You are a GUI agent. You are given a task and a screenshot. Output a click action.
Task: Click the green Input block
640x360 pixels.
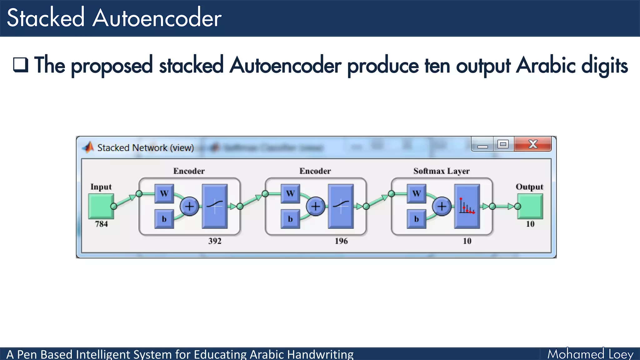coord(101,206)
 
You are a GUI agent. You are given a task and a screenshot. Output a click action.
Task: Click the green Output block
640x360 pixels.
coord(530,206)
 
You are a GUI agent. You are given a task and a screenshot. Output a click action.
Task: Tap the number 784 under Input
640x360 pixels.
coord(101,224)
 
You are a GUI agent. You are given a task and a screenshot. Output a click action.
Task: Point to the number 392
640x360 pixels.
coord(215,241)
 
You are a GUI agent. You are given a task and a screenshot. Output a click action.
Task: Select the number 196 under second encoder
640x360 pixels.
coord(341,241)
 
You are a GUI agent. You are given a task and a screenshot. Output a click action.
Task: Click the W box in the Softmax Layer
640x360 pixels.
coord(416,193)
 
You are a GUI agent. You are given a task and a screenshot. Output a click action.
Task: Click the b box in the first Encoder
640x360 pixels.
coord(164,219)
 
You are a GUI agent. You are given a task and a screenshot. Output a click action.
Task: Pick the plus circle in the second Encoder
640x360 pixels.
coord(315,206)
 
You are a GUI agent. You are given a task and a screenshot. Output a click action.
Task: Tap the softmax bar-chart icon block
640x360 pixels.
coord(467,206)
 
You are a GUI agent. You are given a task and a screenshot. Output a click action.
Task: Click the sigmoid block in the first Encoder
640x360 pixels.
coord(215,206)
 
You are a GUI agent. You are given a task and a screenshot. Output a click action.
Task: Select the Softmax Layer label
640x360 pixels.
coord(441,171)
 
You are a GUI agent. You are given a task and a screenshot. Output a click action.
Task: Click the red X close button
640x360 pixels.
coord(533,144)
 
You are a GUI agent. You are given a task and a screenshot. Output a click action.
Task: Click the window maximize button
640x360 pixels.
coord(503,144)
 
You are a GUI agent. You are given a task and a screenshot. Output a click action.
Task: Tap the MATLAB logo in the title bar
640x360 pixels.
coord(88,147)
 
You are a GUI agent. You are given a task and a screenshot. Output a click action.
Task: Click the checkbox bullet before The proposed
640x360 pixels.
coord(21,65)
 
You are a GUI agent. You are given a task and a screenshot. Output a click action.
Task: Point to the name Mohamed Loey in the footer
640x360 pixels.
coord(590,354)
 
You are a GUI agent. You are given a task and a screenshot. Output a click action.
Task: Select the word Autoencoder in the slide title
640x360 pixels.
coord(157,18)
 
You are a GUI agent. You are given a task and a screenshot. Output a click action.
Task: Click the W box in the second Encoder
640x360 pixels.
coord(290,193)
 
